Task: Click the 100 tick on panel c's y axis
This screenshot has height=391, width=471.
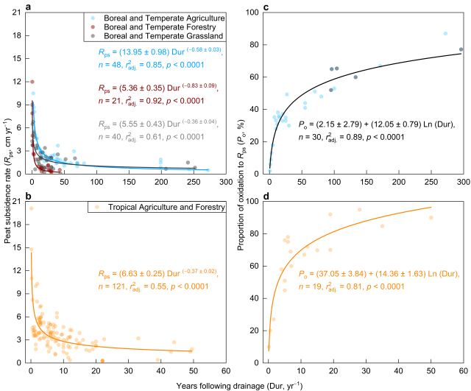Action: [257, 12]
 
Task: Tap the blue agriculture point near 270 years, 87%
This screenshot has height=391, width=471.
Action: [445, 33]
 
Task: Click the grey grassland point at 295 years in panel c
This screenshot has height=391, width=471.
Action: [461, 49]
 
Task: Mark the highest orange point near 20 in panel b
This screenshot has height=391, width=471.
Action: [32, 208]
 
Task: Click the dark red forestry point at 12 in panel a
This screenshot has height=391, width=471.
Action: [32, 82]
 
